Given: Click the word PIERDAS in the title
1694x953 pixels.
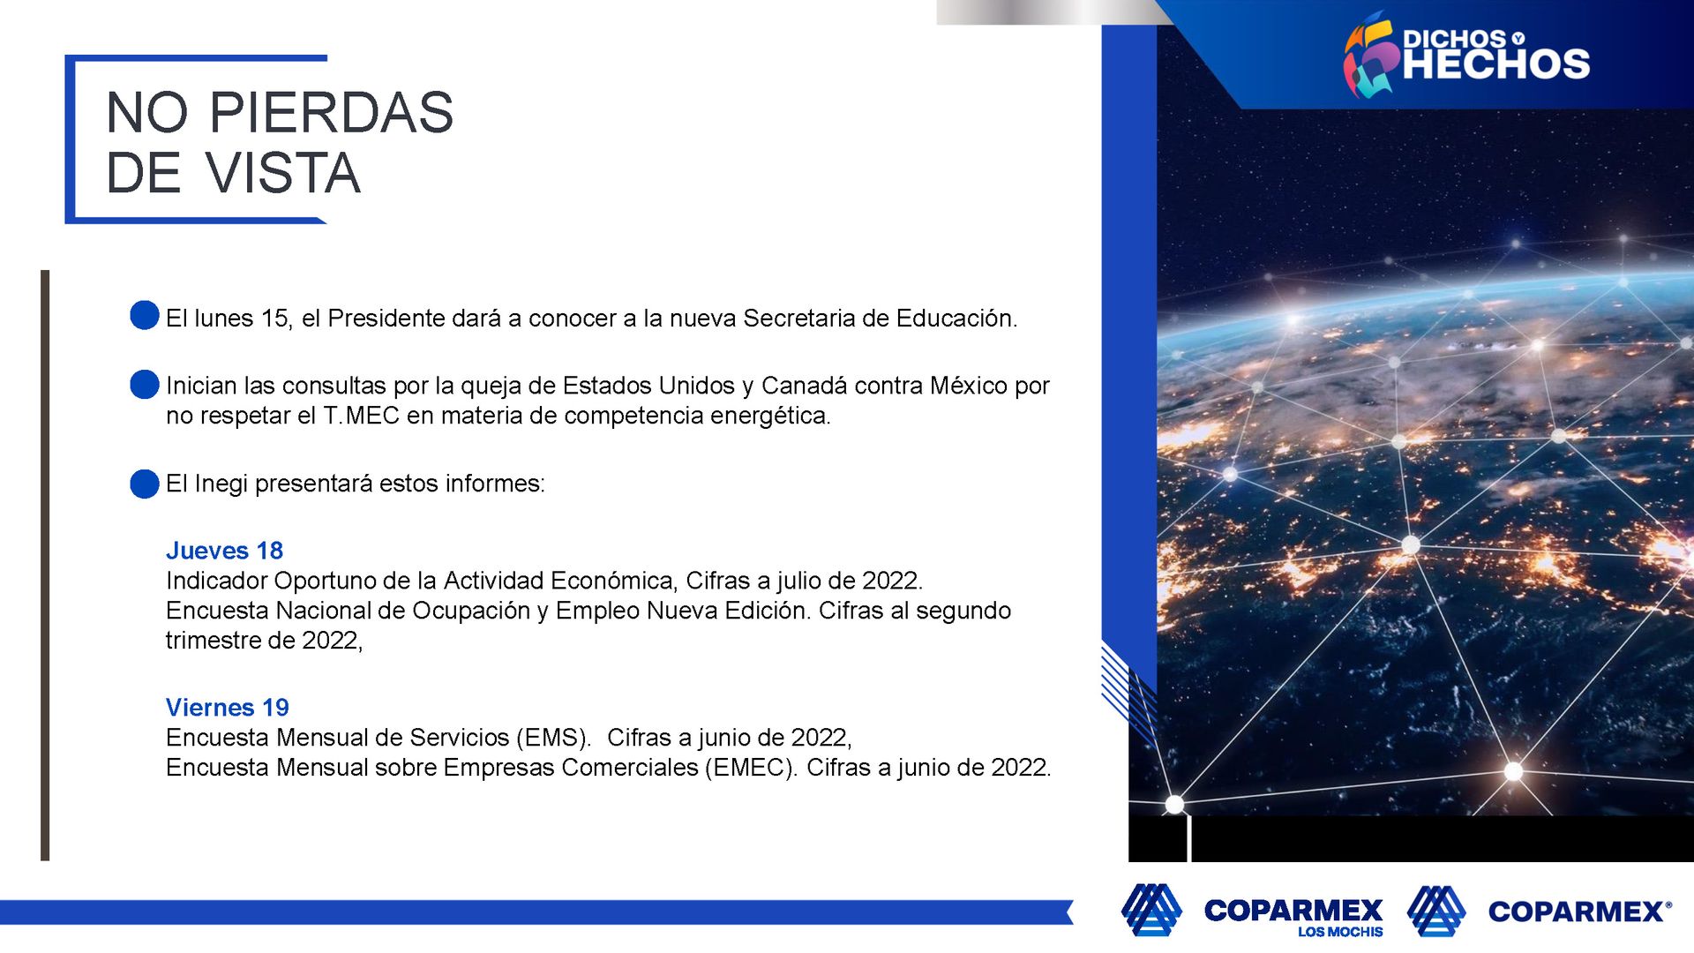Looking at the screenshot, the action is (331, 113).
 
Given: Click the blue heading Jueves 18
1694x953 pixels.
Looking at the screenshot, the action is (224, 551).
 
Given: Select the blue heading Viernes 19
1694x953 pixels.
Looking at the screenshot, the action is (228, 708).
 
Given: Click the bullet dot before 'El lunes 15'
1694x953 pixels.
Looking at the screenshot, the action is (145, 315).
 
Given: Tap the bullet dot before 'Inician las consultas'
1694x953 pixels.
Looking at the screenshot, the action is (145, 384).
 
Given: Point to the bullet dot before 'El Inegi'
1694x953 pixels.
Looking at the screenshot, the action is (145, 484).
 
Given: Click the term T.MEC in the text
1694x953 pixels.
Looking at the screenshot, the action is (362, 416).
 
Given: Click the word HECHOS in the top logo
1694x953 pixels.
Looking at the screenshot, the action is (1496, 64).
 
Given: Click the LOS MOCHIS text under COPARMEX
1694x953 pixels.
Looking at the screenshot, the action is (1340, 932).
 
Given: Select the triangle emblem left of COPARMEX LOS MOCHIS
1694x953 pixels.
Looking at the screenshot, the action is (1151, 909).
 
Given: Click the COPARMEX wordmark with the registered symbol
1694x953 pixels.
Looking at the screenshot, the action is (1579, 912).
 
